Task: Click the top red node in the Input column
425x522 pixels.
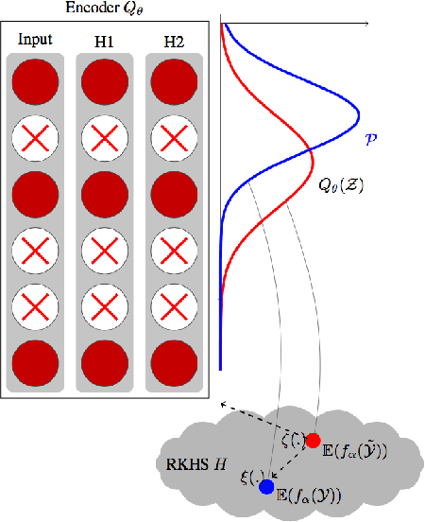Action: (x=35, y=81)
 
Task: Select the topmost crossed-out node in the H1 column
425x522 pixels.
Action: (x=105, y=140)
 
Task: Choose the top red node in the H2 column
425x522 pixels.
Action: (x=174, y=81)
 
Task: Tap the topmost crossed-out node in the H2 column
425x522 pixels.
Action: (x=174, y=140)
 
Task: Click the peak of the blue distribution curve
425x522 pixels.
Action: (x=359, y=119)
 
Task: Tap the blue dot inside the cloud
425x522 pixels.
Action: (x=266, y=487)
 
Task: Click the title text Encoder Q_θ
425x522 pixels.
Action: (x=104, y=9)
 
